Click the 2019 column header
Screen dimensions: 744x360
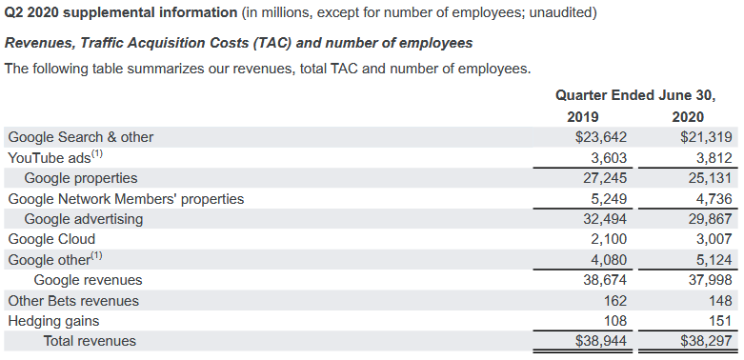(582, 117)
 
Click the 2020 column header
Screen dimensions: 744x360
(688, 117)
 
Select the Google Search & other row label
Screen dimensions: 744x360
(81, 137)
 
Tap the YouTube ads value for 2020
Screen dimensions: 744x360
(714, 157)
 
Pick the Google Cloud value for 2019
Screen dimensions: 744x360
(609, 239)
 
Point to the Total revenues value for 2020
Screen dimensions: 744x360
(706, 341)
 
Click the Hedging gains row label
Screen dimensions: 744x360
(53, 321)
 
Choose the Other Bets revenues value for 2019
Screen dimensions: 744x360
(615, 301)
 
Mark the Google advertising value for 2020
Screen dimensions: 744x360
(710, 219)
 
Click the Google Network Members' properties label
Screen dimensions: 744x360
(126, 199)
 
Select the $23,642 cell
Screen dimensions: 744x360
(601, 137)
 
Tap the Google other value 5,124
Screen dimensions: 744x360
(714, 260)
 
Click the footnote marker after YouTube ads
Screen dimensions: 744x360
(97, 153)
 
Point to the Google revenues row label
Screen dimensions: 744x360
(88, 280)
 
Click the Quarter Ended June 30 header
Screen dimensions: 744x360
(635, 95)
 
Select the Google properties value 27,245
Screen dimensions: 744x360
(605, 178)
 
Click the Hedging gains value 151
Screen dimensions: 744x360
(721, 321)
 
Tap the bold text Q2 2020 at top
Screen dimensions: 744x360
(30, 12)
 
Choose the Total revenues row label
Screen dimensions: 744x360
(90, 341)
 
